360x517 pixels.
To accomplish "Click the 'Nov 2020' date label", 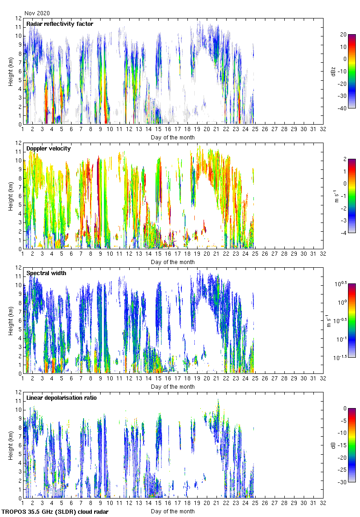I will [37, 13].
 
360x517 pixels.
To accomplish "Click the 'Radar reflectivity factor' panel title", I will [60, 24].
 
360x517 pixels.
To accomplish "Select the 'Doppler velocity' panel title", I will [48, 149].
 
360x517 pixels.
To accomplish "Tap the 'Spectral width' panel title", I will [46, 273].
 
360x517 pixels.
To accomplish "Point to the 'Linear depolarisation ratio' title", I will [61, 398].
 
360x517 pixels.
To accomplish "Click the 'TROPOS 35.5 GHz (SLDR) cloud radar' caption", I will [55, 512].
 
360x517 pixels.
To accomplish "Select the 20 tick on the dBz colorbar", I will [343, 35].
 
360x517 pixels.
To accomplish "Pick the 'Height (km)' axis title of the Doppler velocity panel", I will [10, 196].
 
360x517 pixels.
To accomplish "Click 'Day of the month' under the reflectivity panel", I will [173, 138].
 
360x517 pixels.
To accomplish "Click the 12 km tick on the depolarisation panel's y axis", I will [19, 392].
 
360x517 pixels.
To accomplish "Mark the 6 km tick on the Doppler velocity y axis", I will [19, 196].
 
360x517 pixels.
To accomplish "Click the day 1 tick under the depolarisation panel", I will [23, 504].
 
